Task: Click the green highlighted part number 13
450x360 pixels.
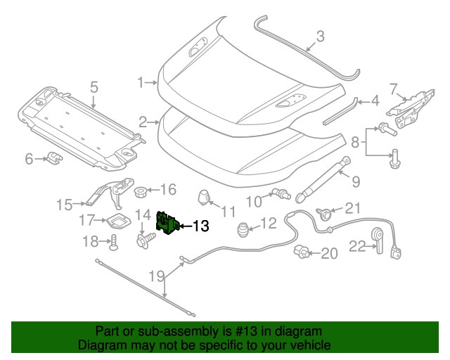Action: pyautogui.click(x=167, y=224)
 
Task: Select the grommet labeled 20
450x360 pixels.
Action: pyautogui.click(x=303, y=250)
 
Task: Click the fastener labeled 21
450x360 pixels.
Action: pyautogui.click(x=327, y=212)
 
